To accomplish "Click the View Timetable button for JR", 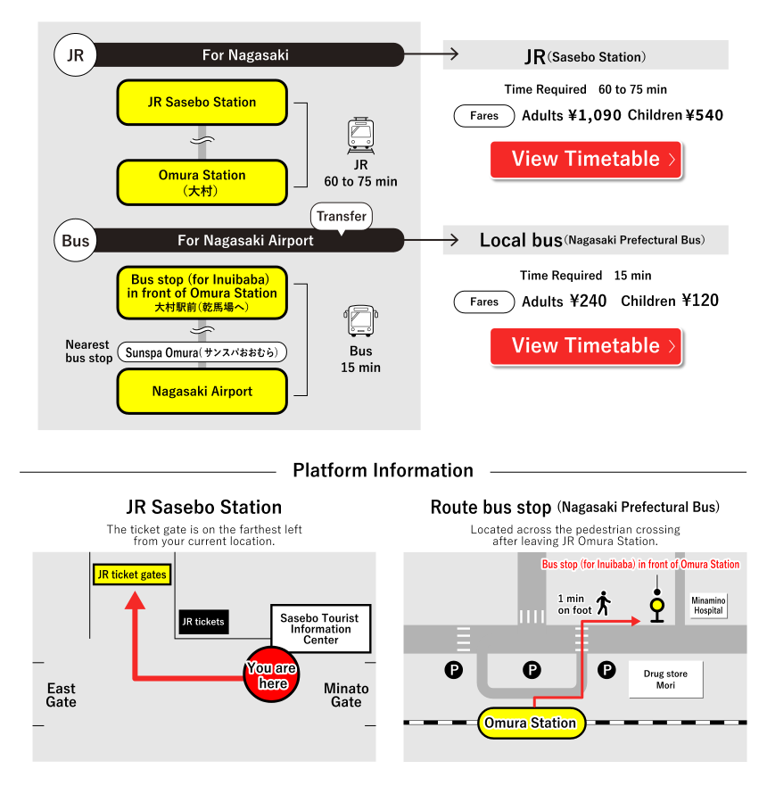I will coord(586,160).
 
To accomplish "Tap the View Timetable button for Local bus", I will coord(586,346).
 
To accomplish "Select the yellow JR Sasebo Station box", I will coord(202,103).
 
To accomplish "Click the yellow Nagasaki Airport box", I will coord(202,392).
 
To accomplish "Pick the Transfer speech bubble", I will coord(342,217).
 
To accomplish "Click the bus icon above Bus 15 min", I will coord(360,321).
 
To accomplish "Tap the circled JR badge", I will coord(76,55).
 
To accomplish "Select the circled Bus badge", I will coord(76,241).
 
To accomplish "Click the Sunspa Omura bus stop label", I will coord(202,352).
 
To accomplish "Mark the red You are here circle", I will coord(273,675).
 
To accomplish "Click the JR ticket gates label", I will coord(132,575).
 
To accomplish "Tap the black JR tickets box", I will coord(203,622).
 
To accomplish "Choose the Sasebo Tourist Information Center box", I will coord(320,629).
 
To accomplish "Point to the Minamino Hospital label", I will coord(708,606).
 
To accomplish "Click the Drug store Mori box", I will coord(665,680).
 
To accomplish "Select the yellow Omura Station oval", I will coord(531,723).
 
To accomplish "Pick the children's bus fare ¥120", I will coord(700,301).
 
